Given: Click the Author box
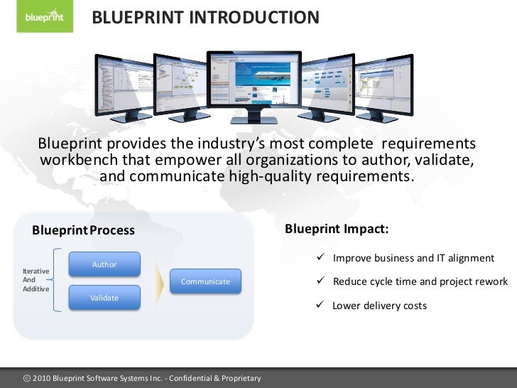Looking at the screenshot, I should pyautogui.click(x=104, y=264).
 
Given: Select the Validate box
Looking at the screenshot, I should pyautogui.click(x=104, y=298).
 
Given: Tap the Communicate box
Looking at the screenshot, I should pyautogui.click(x=205, y=281).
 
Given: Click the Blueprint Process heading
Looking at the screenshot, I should pyautogui.click(x=83, y=230).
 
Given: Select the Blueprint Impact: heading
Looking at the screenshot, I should pyautogui.click(x=336, y=229).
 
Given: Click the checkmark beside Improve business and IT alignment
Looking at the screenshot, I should pyautogui.click(x=321, y=257).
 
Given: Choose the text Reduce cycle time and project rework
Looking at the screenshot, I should pyautogui.click(x=420, y=281).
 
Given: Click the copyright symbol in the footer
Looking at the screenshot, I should pyautogui.click(x=28, y=378).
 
